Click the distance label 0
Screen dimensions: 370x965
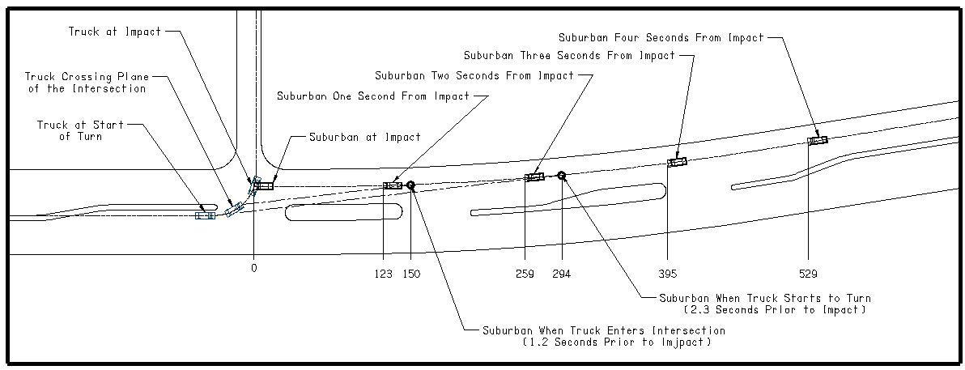tap(254, 267)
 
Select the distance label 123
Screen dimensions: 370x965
tap(385, 274)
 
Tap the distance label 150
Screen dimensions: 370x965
tap(411, 274)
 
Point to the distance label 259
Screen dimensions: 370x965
tap(525, 274)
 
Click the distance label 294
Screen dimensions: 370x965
tap(561, 274)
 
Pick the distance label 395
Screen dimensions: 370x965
tap(667, 274)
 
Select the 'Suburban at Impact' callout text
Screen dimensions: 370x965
tap(365, 137)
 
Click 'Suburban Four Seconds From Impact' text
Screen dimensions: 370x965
tap(661, 37)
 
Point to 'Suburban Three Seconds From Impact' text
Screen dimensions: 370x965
tap(569, 56)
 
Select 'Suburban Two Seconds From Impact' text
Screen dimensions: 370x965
tap(474, 75)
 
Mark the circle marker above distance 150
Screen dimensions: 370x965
tap(411, 185)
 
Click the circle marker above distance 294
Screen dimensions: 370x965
tap(561, 175)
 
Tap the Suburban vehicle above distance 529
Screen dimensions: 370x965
tap(818, 141)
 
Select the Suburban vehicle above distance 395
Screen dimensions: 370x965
tap(677, 163)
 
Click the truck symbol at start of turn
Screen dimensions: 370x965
tap(206, 215)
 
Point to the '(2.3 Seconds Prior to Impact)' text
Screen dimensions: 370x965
tap(775, 310)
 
